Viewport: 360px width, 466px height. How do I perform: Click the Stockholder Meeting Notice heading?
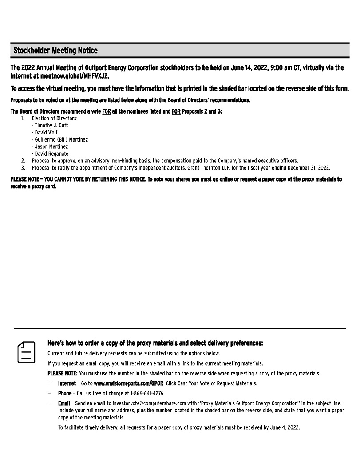[x=55, y=51]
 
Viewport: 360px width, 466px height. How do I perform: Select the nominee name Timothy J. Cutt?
[x=51, y=126]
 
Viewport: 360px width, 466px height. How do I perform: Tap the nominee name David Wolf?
[x=46, y=132]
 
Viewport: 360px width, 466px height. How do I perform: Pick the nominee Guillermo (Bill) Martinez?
[x=61, y=139]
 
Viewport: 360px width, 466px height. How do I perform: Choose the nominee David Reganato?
[x=52, y=154]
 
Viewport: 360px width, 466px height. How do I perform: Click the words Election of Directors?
[x=55, y=118]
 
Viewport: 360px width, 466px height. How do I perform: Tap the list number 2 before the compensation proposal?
[x=23, y=161]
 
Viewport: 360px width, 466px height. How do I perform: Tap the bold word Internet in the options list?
[x=67, y=383]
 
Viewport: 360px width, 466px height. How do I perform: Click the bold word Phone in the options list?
[x=65, y=393]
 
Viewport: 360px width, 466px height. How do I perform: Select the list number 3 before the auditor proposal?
[x=23, y=168]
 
